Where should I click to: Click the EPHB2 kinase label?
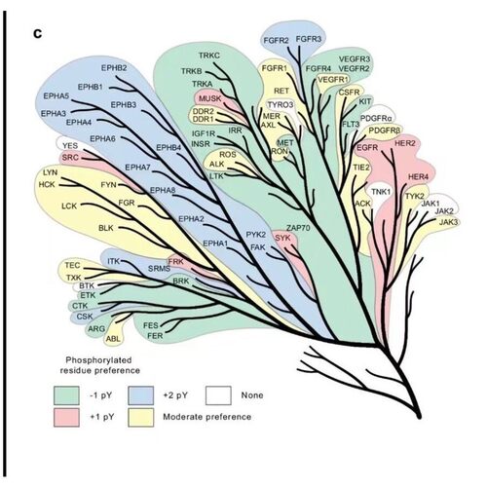click(114, 68)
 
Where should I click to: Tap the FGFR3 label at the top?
click(309, 39)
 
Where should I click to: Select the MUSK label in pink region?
click(209, 98)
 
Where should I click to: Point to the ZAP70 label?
click(298, 228)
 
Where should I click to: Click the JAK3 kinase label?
click(448, 222)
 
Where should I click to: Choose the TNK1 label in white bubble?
click(381, 192)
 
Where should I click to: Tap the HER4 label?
click(418, 177)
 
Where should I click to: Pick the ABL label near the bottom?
click(113, 339)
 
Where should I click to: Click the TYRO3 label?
click(281, 105)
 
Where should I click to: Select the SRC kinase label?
click(70, 158)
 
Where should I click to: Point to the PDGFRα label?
click(376, 119)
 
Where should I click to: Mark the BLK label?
click(106, 228)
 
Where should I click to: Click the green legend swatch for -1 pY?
click(66, 395)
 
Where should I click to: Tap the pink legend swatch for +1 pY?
click(66, 417)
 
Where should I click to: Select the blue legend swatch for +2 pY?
click(141, 395)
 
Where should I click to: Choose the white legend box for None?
click(218, 395)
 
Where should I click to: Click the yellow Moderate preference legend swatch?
click(141, 417)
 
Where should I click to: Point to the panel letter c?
click(38, 34)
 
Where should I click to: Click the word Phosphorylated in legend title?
click(98, 360)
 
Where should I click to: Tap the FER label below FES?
click(155, 336)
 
